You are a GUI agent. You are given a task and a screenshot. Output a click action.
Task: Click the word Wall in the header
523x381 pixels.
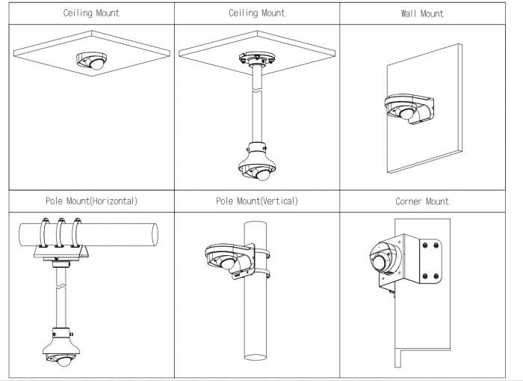point(412,13)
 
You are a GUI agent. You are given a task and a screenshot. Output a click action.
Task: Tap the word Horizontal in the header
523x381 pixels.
point(108,201)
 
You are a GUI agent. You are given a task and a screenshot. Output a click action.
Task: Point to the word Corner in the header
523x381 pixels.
point(410,201)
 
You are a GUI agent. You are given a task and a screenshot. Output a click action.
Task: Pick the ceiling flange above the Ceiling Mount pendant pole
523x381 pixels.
point(256,59)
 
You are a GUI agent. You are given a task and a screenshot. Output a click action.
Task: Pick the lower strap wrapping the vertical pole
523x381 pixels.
point(261,274)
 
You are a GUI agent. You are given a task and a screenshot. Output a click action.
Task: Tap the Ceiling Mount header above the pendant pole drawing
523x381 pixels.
point(256,13)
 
